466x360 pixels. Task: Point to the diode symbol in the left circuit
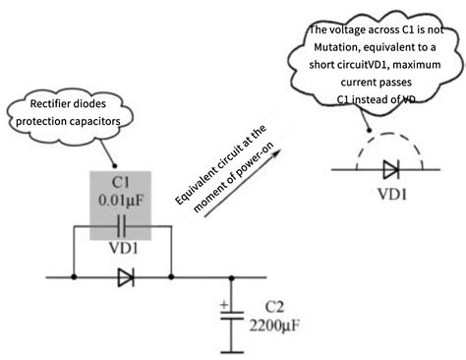124,278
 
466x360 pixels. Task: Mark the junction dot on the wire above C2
231,278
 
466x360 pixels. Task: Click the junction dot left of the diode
75,278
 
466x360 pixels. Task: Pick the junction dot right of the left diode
171,278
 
